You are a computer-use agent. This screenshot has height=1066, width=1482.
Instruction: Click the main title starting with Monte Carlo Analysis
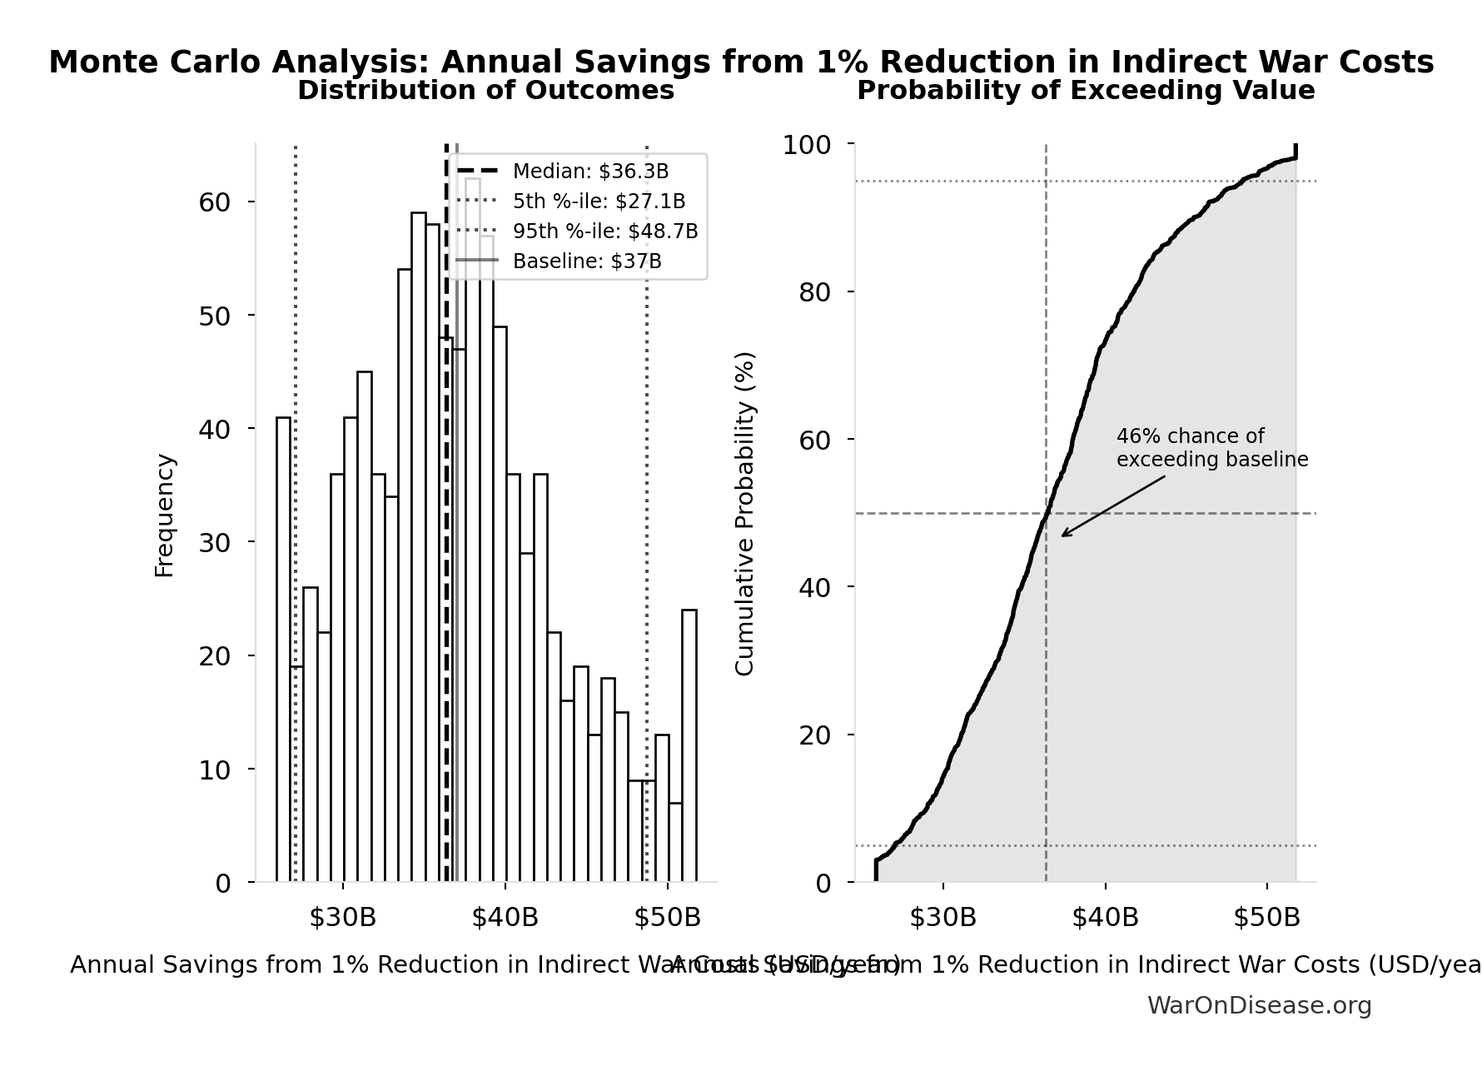coord(741,62)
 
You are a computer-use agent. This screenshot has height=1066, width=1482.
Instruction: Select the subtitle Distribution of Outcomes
coord(485,91)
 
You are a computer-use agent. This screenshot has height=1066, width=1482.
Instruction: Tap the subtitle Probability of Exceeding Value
coord(1086,91)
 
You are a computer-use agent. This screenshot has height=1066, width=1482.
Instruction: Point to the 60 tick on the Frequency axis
coord(214,202)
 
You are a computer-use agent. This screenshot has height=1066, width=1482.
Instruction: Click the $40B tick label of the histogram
coord(505,918)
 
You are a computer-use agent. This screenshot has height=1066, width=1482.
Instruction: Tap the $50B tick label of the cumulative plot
coord(1266,918)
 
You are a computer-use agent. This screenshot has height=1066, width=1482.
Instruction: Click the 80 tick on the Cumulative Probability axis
coord(814,292)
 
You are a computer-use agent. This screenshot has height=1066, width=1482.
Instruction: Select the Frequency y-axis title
coord(165,515)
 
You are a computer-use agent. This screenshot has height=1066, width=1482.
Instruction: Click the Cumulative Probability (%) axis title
coord(745,513)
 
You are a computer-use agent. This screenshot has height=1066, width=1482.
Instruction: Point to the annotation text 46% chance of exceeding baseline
coord(1211,448)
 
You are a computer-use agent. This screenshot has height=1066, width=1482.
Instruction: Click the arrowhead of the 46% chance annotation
coord(1063,535)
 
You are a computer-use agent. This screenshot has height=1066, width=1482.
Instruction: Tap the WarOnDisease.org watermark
coord(1259,1006)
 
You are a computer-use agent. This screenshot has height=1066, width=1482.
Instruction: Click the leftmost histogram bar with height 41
coord(283,650)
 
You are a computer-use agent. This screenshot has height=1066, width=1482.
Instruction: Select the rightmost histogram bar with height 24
coord(689,745)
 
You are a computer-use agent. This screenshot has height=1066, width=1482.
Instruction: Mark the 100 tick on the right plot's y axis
coord(806,145)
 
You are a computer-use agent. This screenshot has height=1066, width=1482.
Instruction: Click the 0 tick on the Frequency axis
coord(223,883)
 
